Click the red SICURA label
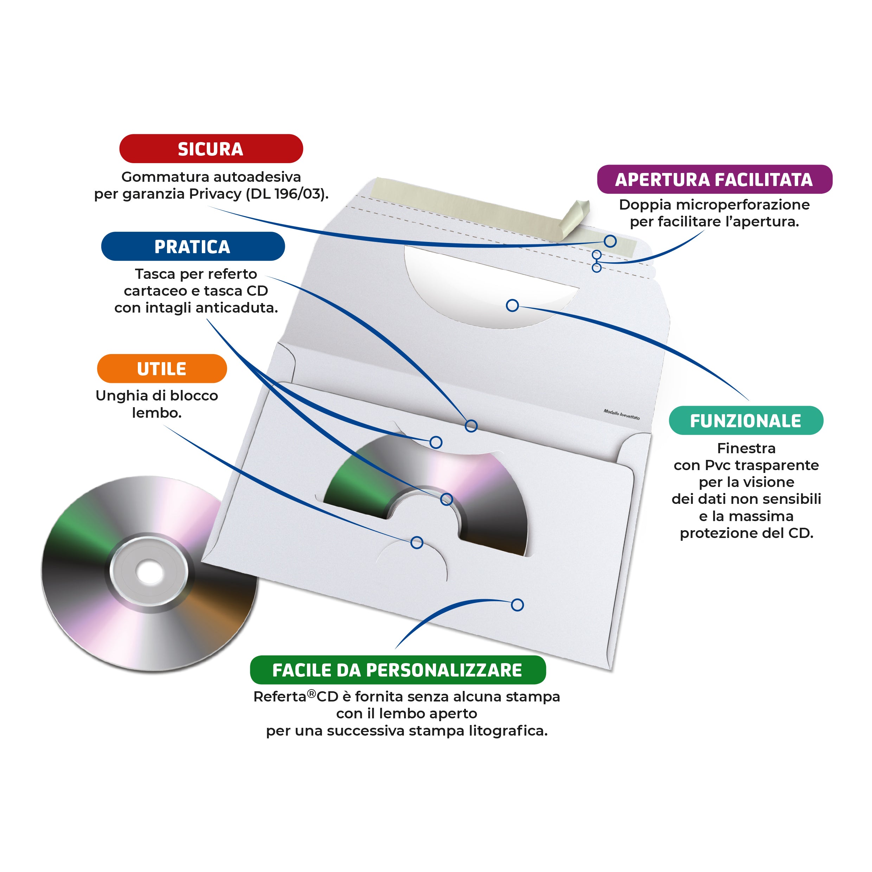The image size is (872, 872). [211, 148]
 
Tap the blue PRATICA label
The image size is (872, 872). [193, 246]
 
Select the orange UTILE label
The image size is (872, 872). [162, 369]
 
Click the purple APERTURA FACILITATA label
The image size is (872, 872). [714, 179]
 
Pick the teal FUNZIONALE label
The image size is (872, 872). [746, 421]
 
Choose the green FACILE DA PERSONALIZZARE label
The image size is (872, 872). [398, 670]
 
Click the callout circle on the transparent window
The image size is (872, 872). [512, 306]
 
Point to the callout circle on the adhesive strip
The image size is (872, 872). [610, 241]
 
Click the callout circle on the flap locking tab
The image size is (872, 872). [417, 543]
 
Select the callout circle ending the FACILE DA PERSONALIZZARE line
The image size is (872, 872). [518, 605]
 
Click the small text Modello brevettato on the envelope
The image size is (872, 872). [622, 414]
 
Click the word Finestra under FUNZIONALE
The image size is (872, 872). [746, 448]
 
